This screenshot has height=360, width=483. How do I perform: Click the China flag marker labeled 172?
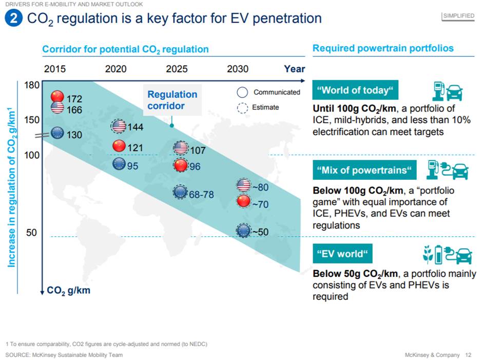(57, 97)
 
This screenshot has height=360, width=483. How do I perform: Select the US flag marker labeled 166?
(57, 108)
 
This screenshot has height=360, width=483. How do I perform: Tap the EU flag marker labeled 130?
(57, 134)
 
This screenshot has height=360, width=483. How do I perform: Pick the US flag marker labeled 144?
(119, 126)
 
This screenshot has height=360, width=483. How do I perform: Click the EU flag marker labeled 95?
(119, 164)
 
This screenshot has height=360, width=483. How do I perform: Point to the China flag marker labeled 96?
(181, 165)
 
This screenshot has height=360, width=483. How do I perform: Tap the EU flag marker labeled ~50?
(243, 231)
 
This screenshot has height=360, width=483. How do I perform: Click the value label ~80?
(260, 187)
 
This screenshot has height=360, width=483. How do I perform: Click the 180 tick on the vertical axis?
(32, 85)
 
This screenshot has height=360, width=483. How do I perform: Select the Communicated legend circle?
(243, 92)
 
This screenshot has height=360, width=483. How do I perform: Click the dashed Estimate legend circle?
(243, 108)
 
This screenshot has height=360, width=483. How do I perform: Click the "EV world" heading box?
(342, 254)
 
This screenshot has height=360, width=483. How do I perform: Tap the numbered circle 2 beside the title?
(13, 19)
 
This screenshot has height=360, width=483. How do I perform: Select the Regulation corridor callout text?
(172, 100)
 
